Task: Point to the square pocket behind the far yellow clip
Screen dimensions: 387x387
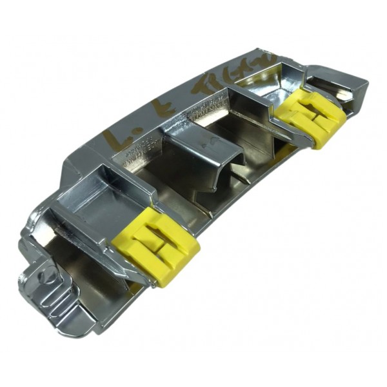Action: click(258, 110)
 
